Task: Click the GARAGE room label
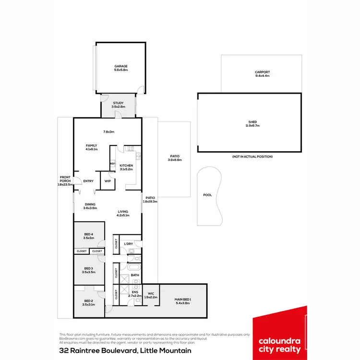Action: pos(121,66)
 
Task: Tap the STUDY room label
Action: pos(119,103)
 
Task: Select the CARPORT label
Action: pos(262,72)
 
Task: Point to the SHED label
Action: pos(252,122)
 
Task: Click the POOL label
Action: pos(207,195)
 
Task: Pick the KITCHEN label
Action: pos(126,166)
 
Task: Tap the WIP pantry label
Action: pos(108,181)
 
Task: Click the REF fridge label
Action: pos(112,164)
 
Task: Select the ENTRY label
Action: pos(88,181)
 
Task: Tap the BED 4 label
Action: pos(88,234)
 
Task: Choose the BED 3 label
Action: pos(88,268)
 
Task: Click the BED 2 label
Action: pos(88,301)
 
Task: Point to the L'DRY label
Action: pos(128,244)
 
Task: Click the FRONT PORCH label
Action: pos(65,178)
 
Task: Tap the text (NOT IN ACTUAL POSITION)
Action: pos(252,157)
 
